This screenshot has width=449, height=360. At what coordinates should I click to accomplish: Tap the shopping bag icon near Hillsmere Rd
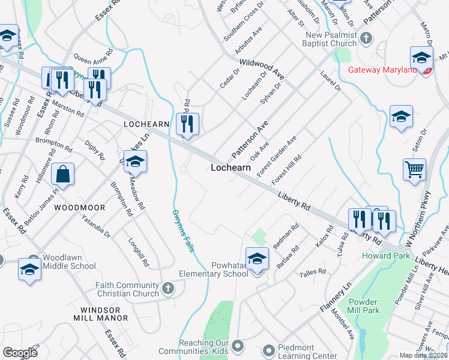pyautogui.click(x=62, y=175)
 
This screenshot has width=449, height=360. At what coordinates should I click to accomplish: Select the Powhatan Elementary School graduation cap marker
pyautogui.click(x=257, y=259)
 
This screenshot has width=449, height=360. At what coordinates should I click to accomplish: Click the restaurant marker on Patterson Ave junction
pyautogui.click(x=188, y=124)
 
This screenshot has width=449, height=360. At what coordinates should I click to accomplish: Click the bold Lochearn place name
pyautogui.click(x=231, y=168)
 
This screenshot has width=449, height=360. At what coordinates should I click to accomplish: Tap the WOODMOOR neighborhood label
pyautogui.click(x=79, y=208)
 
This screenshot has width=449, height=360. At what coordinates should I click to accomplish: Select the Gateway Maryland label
pyautogui.click(x=382, y=70)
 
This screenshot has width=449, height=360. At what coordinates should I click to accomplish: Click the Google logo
pyautogui.click(x=20, y=353)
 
